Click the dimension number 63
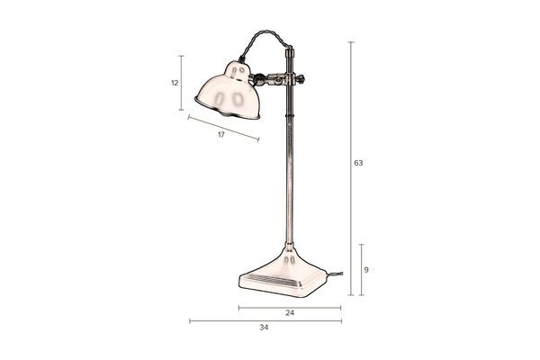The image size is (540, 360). pos(358,163)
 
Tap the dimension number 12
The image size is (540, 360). pos(175,83)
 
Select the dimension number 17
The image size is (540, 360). pos(221,135)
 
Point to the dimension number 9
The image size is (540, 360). pos(366,270)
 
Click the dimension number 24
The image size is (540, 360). pos(290,313)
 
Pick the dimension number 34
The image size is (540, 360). pos(264,328)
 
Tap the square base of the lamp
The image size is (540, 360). pos(283,275)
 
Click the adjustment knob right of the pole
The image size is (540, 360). pos(302,79)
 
